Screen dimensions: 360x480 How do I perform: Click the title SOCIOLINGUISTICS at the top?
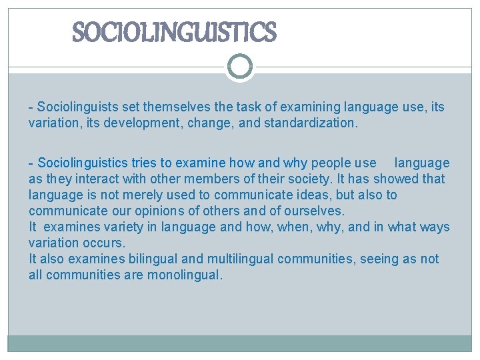tap(173, 32)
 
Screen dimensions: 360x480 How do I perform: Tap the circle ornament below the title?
tap(240, 67)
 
